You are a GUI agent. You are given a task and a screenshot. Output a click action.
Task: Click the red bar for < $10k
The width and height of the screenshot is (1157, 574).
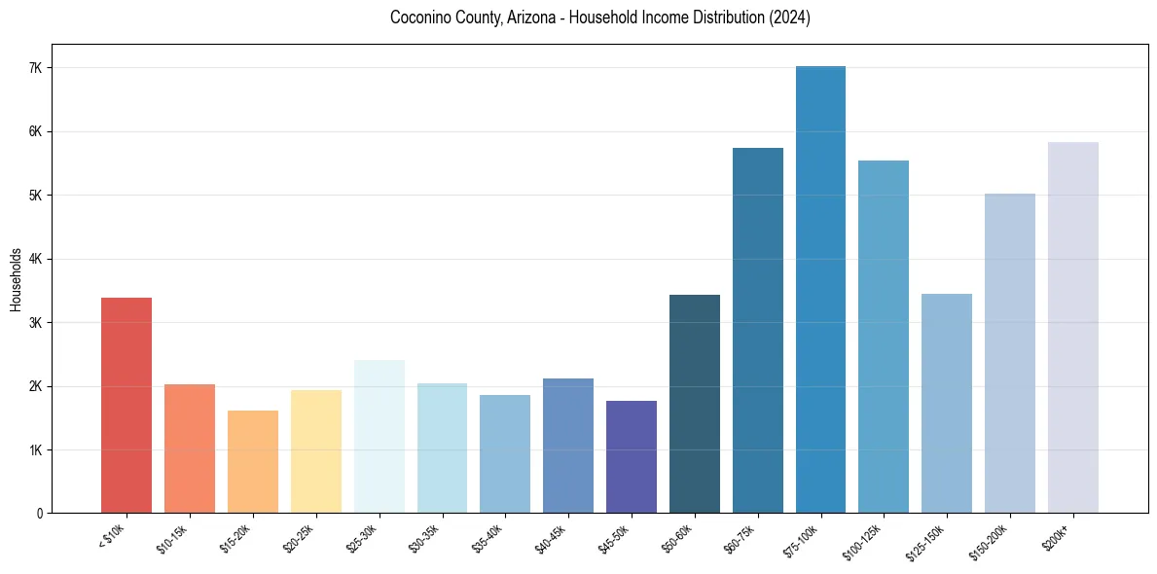pyautogui.click(x=127, y=405)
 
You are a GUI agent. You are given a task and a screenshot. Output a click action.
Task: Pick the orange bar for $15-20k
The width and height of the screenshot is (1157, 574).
pyautogui.click(x=253, y=461)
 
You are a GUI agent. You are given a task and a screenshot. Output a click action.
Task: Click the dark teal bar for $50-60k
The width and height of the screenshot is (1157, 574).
pyautogui.click(x=695, y=403)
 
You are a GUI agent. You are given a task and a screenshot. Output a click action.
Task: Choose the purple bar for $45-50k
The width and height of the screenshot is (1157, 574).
pyautogui.click(x=632, y=456)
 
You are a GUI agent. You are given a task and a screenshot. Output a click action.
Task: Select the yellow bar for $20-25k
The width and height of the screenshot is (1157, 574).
pyautogui.click(x=316, y=450)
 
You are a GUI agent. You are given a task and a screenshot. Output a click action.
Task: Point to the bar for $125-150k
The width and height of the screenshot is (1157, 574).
pyautogui.click(x=947, y=403)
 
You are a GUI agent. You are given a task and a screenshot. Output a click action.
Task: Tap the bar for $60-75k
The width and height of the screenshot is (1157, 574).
pyautogui.click(x=758, y=330)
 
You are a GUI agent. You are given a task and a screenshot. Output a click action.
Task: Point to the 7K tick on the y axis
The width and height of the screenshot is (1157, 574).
pyautogui.click(x=38, y=68)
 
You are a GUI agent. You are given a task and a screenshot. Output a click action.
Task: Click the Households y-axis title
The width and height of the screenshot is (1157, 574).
pyautogui.click(x=16, y=279)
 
